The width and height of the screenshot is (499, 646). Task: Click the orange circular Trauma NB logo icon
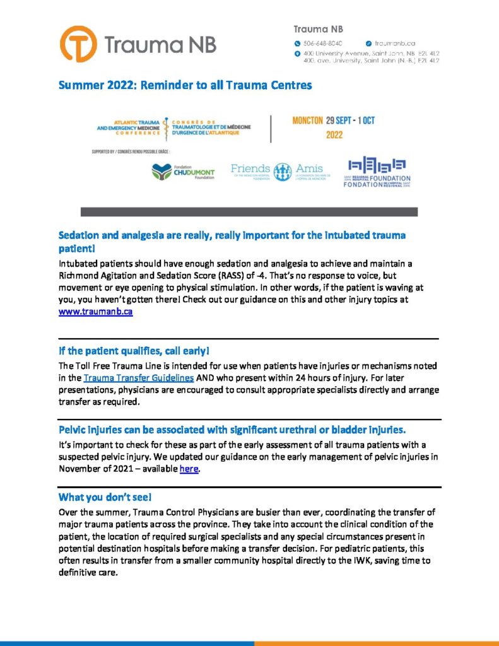pos(78,44)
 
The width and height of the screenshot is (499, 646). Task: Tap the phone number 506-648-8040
pos(322,43)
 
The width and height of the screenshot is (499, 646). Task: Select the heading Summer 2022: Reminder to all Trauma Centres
pos(185,85)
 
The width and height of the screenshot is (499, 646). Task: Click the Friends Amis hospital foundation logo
pos(278,170)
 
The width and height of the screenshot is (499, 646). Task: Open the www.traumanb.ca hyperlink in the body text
pos(95,312)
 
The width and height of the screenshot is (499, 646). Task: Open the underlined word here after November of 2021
pos(189,469)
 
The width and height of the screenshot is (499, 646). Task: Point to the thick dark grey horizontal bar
pos(249,212)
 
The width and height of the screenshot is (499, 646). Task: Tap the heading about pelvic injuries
pos(232,430)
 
